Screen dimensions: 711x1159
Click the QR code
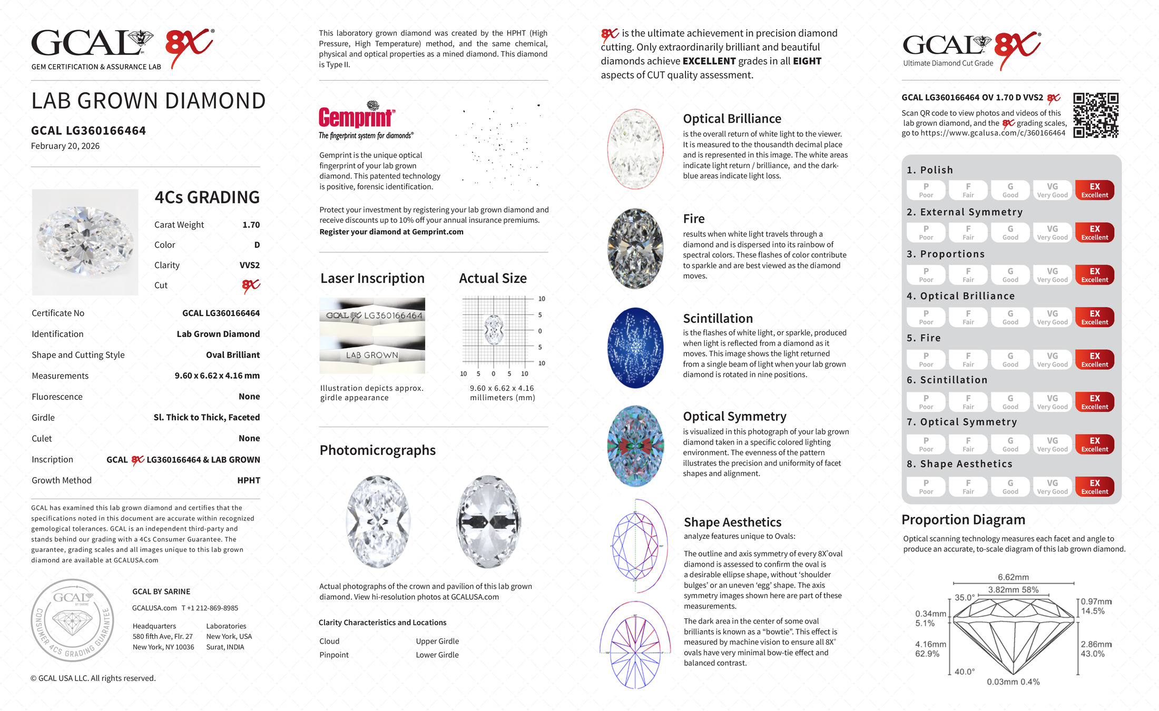tap(1095, 115)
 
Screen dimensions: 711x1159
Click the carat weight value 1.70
tap(251, 225)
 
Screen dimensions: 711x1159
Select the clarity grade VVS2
tap(250, 265)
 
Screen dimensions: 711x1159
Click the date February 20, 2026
tap(65, 146)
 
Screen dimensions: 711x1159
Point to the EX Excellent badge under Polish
tap(1094, 190)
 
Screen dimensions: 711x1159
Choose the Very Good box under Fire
tap(1052, 360)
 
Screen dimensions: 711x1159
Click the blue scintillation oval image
tap(635, 348)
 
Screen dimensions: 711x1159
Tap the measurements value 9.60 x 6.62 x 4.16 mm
tap(217, 376)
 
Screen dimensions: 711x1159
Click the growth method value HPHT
tap(249, 480)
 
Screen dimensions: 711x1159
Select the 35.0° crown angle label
tap(965, 598)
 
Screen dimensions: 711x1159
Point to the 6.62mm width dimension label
tap(1013, 577)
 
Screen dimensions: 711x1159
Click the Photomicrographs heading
tap(377, 450)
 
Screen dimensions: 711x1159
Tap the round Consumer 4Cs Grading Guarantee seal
tap(73, 620)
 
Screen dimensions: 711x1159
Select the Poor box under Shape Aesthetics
tap(926, 487)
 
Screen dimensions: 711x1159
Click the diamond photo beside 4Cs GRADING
tap(85, 242)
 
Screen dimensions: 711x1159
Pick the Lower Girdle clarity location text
tap(437, 655)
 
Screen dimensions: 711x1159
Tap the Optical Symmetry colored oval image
tap(635, 446)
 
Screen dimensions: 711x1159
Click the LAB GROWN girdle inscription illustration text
tap(372, 355)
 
